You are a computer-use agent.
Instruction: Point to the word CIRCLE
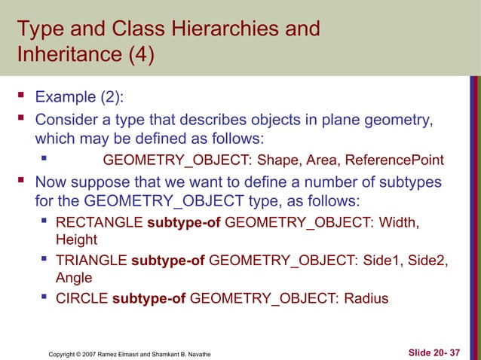point(82,299)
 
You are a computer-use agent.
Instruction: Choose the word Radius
point(366,299)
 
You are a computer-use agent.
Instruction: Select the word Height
point(77,240)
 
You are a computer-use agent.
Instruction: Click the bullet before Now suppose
point(21,182)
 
